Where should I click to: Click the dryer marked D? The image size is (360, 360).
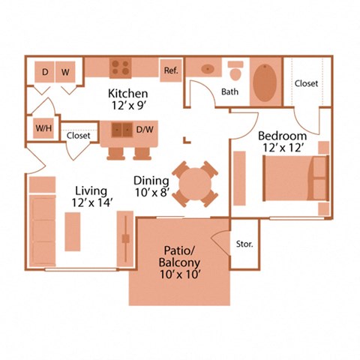coord(45,72)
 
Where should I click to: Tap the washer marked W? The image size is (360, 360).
coord(66,72)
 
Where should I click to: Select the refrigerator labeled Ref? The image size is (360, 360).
coord(169,70)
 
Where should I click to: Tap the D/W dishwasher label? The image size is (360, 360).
coord(144,130)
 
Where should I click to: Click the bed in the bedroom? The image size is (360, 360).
coord(293,178)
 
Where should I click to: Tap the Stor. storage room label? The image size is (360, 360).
coord(244,244)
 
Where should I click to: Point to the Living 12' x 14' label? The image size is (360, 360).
coord(90,197)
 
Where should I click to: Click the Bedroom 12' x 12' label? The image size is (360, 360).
coord(282,142)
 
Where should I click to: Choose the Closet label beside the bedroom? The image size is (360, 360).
coord(306,84)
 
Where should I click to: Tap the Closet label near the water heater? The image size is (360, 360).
coord(79,136)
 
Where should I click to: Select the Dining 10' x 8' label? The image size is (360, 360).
coord(150,187)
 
